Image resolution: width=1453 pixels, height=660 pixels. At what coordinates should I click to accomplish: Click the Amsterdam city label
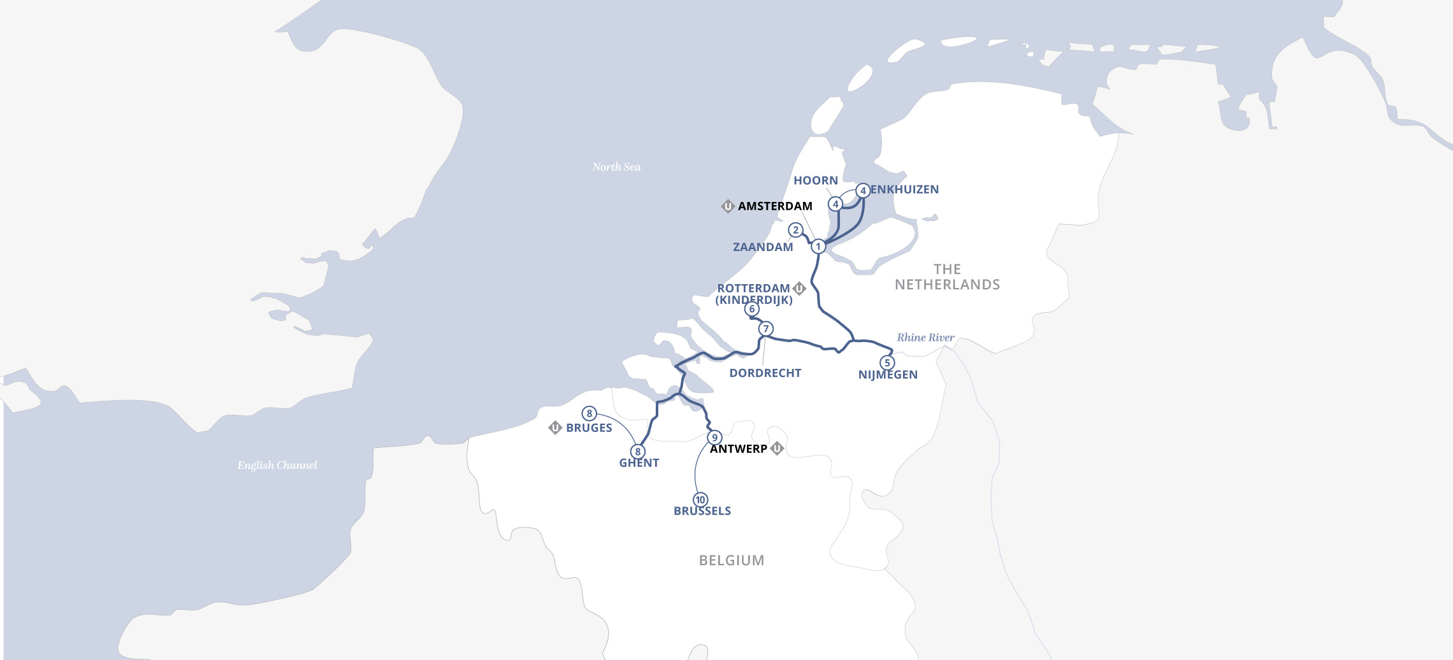[775, 206]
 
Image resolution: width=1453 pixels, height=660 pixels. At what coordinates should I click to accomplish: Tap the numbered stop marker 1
[818, 247]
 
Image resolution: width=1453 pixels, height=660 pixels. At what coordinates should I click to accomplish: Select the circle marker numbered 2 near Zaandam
[795, 230]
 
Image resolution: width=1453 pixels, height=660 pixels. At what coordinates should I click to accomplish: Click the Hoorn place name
[815, 181]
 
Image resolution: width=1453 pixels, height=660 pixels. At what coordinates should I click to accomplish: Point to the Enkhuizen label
[904, 190]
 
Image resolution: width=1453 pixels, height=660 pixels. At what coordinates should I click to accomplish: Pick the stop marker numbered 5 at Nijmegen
[887, 363]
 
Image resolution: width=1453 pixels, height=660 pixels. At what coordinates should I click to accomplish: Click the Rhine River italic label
[925, 338]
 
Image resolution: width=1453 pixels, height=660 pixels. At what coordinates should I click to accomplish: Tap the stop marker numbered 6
[752, 309]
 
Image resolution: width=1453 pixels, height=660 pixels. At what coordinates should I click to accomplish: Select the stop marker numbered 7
[766, 329]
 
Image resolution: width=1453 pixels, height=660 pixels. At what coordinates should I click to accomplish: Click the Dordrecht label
[765, 373]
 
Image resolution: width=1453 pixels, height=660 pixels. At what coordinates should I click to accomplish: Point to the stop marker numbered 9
[714, 438]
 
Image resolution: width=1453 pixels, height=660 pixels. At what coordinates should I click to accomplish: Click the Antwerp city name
[739, 449]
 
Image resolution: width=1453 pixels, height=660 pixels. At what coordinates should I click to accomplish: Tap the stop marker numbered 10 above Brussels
[700, 499]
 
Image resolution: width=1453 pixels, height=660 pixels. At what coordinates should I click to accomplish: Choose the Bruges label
[589, 428]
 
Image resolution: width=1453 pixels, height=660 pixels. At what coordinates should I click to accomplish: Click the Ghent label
[639, 463]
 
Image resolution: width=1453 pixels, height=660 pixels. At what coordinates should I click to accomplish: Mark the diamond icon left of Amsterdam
[728, 206]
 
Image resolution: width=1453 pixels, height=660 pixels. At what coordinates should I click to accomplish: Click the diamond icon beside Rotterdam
[799, 289]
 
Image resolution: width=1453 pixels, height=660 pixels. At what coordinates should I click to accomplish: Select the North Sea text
[616, 167]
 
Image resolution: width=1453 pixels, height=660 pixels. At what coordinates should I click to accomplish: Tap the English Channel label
[277, 465]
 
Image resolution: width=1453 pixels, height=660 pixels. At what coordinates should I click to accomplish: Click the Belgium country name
[731, 561]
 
